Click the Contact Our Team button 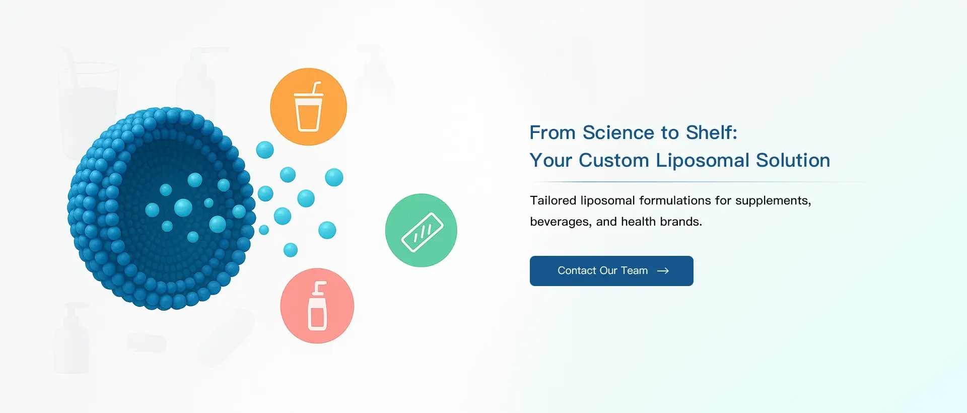(611, 271)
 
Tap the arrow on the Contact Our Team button (663, 271)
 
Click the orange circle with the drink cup (308, 107)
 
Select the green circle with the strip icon (421, 230)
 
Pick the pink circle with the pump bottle (317, 306)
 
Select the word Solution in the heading (793, 160)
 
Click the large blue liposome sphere (161, 209)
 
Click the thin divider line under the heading (698, 182)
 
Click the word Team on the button (634, 271)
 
